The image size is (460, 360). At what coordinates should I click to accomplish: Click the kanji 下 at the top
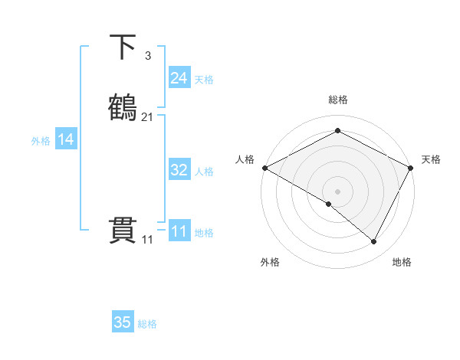[x=123, y=47]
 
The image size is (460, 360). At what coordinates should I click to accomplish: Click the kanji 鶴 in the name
[x=123, y=107]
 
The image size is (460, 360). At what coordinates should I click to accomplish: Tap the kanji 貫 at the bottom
[x=123, y=231]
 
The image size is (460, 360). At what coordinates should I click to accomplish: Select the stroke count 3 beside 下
[x=148, y=56]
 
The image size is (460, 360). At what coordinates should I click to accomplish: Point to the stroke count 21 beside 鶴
[x=147, y=116]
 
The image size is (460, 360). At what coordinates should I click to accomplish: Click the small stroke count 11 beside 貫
[x=147, y=240]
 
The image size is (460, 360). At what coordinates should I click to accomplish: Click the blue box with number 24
[x=179, y=78]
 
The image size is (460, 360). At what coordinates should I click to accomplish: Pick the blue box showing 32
[x=179, y=170]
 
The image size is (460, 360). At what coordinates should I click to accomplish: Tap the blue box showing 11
[x=179, y=231]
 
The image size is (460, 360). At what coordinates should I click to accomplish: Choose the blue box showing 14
[x=66, y=139]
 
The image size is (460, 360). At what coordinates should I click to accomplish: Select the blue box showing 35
[x=123, y=322]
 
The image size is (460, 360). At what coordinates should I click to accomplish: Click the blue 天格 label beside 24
[x=204, y=80]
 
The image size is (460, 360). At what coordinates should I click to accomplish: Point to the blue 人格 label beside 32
[x=204, y=172]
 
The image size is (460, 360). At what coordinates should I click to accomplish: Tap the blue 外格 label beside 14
[x=41, y=141]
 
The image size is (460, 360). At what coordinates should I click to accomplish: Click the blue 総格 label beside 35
[x=147, y=324]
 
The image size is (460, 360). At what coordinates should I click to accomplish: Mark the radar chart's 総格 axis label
[x=338, y=100]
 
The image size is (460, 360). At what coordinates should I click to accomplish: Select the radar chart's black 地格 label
[x=402, y=262]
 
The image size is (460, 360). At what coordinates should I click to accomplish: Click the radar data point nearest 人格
[x=264, y=168]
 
